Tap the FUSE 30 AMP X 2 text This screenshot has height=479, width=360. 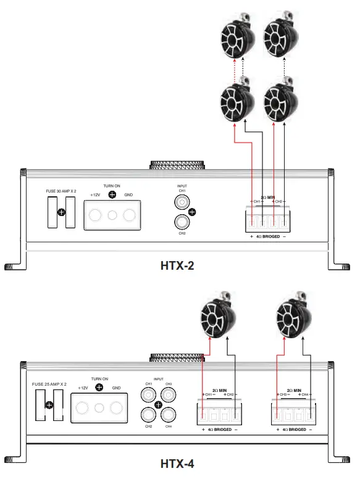pyautogui.click(x=62, y=191)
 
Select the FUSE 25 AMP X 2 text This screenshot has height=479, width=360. pyautogui.click(x=49, y=384)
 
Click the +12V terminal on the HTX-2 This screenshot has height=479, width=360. pyautogui.click(x=95, y=215)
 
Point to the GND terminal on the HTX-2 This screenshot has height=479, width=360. pyautogui.click(x=129, y=215)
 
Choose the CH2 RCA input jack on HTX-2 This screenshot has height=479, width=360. pyautogui.click(x=182, y=222)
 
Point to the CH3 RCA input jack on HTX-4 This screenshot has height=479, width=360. pyautogui.click(x=167, y=393)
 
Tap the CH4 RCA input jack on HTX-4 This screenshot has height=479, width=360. pyautogui.click(x=167, y=415)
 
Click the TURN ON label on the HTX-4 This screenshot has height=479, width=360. pyautogui.click(x=99, y=379)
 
